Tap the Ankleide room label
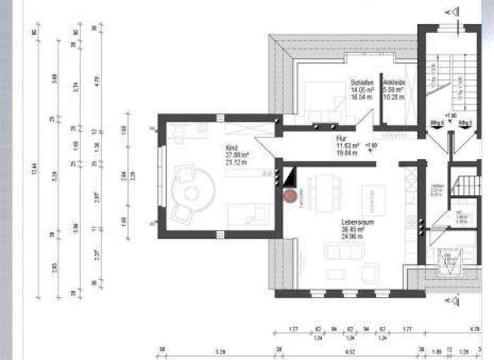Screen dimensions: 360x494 click(394, 84)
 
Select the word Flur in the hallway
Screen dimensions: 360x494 click(342, 138)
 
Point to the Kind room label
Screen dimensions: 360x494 click(232, 147)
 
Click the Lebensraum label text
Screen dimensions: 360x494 click(354, 221)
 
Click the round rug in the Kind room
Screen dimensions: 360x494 click(191, 193)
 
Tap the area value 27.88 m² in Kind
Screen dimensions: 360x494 click(237, 155)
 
